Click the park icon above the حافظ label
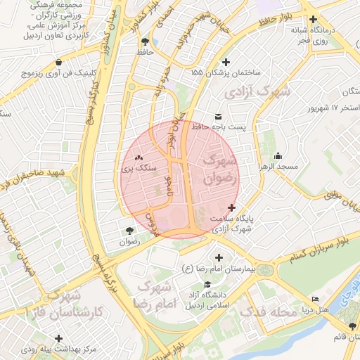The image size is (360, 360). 146,41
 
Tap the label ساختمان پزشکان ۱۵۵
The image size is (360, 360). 226,72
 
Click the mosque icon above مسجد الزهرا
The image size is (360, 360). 278,155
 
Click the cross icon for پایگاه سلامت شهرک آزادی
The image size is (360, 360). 232,207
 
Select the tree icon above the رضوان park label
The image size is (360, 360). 129,230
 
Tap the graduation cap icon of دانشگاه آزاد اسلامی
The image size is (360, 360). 207,285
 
